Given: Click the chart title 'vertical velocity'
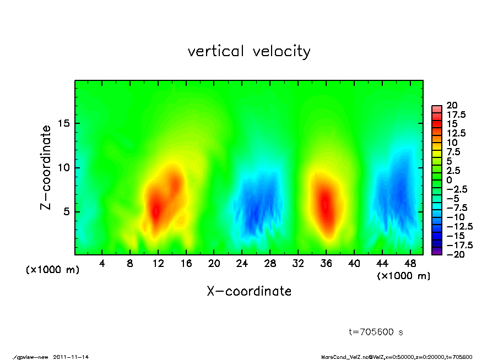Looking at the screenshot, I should point(249,52).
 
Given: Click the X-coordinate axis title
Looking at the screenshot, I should point(249,291).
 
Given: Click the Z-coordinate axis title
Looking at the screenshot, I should point(46,167).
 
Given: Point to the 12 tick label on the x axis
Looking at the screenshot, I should point(158,264).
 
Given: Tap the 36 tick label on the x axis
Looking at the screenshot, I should point(326,264).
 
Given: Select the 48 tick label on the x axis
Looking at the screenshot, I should point(410,264).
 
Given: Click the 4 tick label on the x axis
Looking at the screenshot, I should point(102,264).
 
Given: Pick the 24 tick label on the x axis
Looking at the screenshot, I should point(242,264).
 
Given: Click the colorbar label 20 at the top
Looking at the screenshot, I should point(453,105).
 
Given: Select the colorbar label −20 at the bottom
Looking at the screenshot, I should point(456,254).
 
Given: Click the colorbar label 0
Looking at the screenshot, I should point(449,179).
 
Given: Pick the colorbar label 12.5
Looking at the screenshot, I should point(456,133).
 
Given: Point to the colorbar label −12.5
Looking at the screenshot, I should point(459,226).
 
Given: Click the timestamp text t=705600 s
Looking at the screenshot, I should point(376,332).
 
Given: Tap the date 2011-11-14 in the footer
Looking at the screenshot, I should point(71,357).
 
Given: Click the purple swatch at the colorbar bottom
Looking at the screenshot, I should point(436,252).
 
